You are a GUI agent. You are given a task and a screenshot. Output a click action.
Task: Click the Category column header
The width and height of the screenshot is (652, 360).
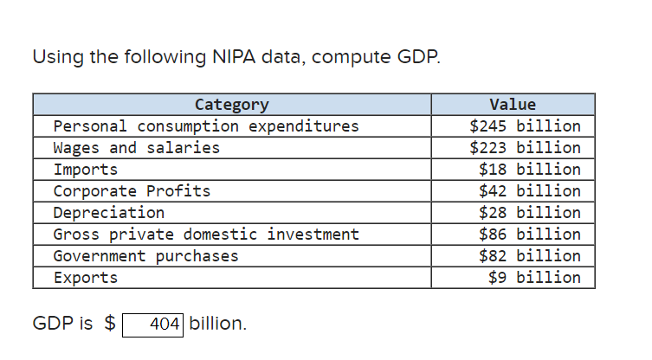click(x=231, y=105)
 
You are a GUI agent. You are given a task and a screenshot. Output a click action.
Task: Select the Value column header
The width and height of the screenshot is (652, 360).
click(x=512, y=105)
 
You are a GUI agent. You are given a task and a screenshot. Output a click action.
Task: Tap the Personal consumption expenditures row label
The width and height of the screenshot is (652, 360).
click(x=206, y=126)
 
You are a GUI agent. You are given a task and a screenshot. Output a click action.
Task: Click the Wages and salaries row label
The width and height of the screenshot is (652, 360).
click(x=137, y=148)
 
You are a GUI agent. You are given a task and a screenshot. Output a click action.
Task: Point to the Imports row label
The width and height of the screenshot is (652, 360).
click(x=85, y=170)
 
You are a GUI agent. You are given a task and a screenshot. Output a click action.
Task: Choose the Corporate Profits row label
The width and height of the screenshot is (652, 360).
click(x=132, y=191)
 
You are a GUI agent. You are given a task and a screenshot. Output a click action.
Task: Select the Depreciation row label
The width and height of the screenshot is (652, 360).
click(x=108, y=213)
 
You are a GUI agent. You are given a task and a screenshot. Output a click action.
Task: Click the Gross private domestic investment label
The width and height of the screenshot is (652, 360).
click(x=206, y=235)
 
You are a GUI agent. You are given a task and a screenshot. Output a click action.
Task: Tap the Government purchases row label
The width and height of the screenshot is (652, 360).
click(x=145, y=256)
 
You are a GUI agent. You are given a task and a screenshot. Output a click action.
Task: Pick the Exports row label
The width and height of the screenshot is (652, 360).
click(x=85, y=278)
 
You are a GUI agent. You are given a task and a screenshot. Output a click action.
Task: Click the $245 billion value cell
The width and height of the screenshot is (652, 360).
click(x=525, y=126)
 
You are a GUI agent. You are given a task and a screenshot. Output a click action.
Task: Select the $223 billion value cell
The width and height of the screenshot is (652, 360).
click(x=525, y=148)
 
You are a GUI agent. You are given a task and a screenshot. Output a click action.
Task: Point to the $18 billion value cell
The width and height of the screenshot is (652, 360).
click(x=529, y=170)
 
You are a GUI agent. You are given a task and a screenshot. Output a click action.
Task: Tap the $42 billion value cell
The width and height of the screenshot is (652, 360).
click(x=529, y=191)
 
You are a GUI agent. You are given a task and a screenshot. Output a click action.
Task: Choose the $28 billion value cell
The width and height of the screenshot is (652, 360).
click(x=529, y=213)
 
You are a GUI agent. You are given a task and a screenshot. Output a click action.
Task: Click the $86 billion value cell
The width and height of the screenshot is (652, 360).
click(x=529, y=235)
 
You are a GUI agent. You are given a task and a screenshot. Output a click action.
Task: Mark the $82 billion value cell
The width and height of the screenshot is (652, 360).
click(x=529, y=256)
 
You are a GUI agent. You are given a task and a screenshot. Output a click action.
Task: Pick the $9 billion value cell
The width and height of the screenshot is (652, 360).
click(x=533, y=278)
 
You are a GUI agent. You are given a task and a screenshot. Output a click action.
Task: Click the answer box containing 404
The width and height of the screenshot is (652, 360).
click(x=153, y=325)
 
